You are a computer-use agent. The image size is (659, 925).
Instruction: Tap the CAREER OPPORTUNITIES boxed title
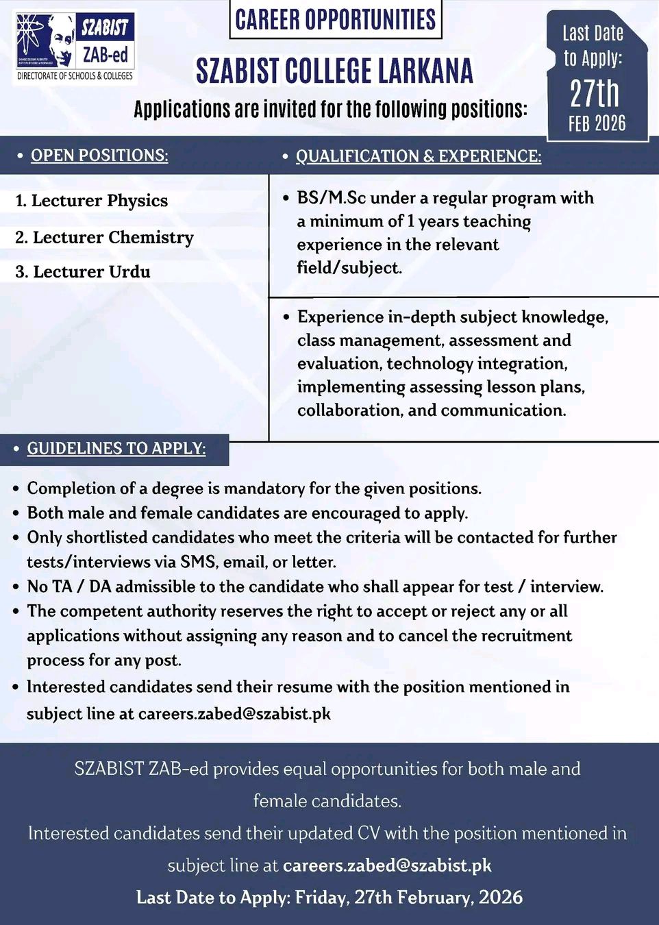click(335, 20)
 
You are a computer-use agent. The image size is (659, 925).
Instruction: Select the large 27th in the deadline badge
click(595, 93)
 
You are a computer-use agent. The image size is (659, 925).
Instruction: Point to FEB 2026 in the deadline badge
click(597, 123)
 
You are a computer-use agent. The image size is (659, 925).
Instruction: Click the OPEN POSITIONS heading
click(99, 156)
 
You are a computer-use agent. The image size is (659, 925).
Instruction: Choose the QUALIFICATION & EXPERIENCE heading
click(418, 156)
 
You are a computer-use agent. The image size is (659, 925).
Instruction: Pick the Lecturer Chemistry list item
click(105, 237)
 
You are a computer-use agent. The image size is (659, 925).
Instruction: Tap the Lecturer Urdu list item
click(83, 272)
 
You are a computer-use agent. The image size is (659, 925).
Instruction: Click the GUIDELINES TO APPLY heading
click(116, 449)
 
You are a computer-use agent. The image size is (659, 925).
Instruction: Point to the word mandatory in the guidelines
click(264, 489)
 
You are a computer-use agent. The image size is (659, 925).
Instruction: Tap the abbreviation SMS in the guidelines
click(198, 563)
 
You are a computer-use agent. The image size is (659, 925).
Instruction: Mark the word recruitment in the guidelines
click(526, 636)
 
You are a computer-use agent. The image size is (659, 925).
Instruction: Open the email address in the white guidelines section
click(234, 714)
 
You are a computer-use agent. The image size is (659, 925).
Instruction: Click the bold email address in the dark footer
click(387, 865)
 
